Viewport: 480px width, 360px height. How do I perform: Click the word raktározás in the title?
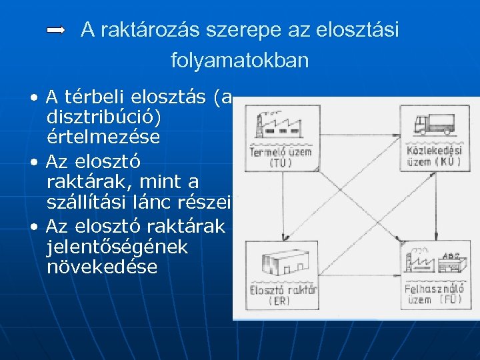(143, 30)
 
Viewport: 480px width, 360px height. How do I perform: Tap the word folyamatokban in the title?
(240, 61)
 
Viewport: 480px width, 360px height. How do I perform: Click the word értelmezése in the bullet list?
(103, 138)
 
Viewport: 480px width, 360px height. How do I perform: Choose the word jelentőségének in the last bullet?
(117, 247)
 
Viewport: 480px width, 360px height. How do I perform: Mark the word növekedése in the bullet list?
(103, 267)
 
